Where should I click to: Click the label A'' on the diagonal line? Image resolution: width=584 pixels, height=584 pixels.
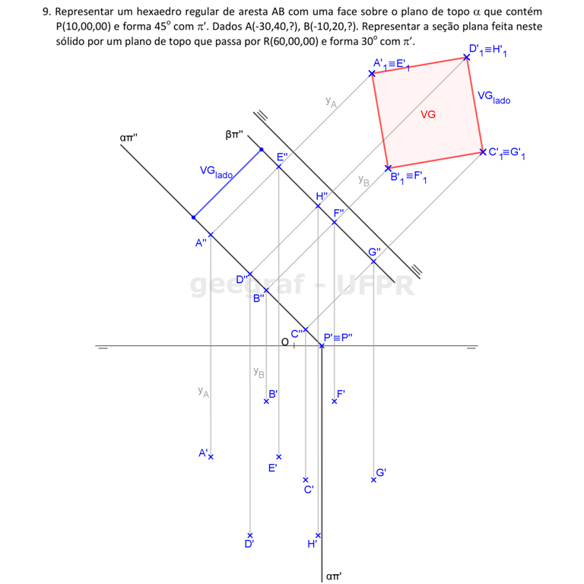(201, 243)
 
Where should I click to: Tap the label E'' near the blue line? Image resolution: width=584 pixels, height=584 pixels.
(282, 157)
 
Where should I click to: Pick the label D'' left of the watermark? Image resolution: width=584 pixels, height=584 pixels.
(243, 280)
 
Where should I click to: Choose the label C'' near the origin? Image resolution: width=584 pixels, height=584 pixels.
(299, 330)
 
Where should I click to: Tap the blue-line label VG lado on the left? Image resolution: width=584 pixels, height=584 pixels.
(216, 172)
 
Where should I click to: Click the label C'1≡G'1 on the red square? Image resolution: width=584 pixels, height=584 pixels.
(509, 154)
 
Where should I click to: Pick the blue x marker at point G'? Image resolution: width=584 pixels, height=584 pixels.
(374, 480)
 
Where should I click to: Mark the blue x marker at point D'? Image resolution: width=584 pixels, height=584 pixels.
(248, 537)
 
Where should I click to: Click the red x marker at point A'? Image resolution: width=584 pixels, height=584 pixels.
(211, 457)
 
